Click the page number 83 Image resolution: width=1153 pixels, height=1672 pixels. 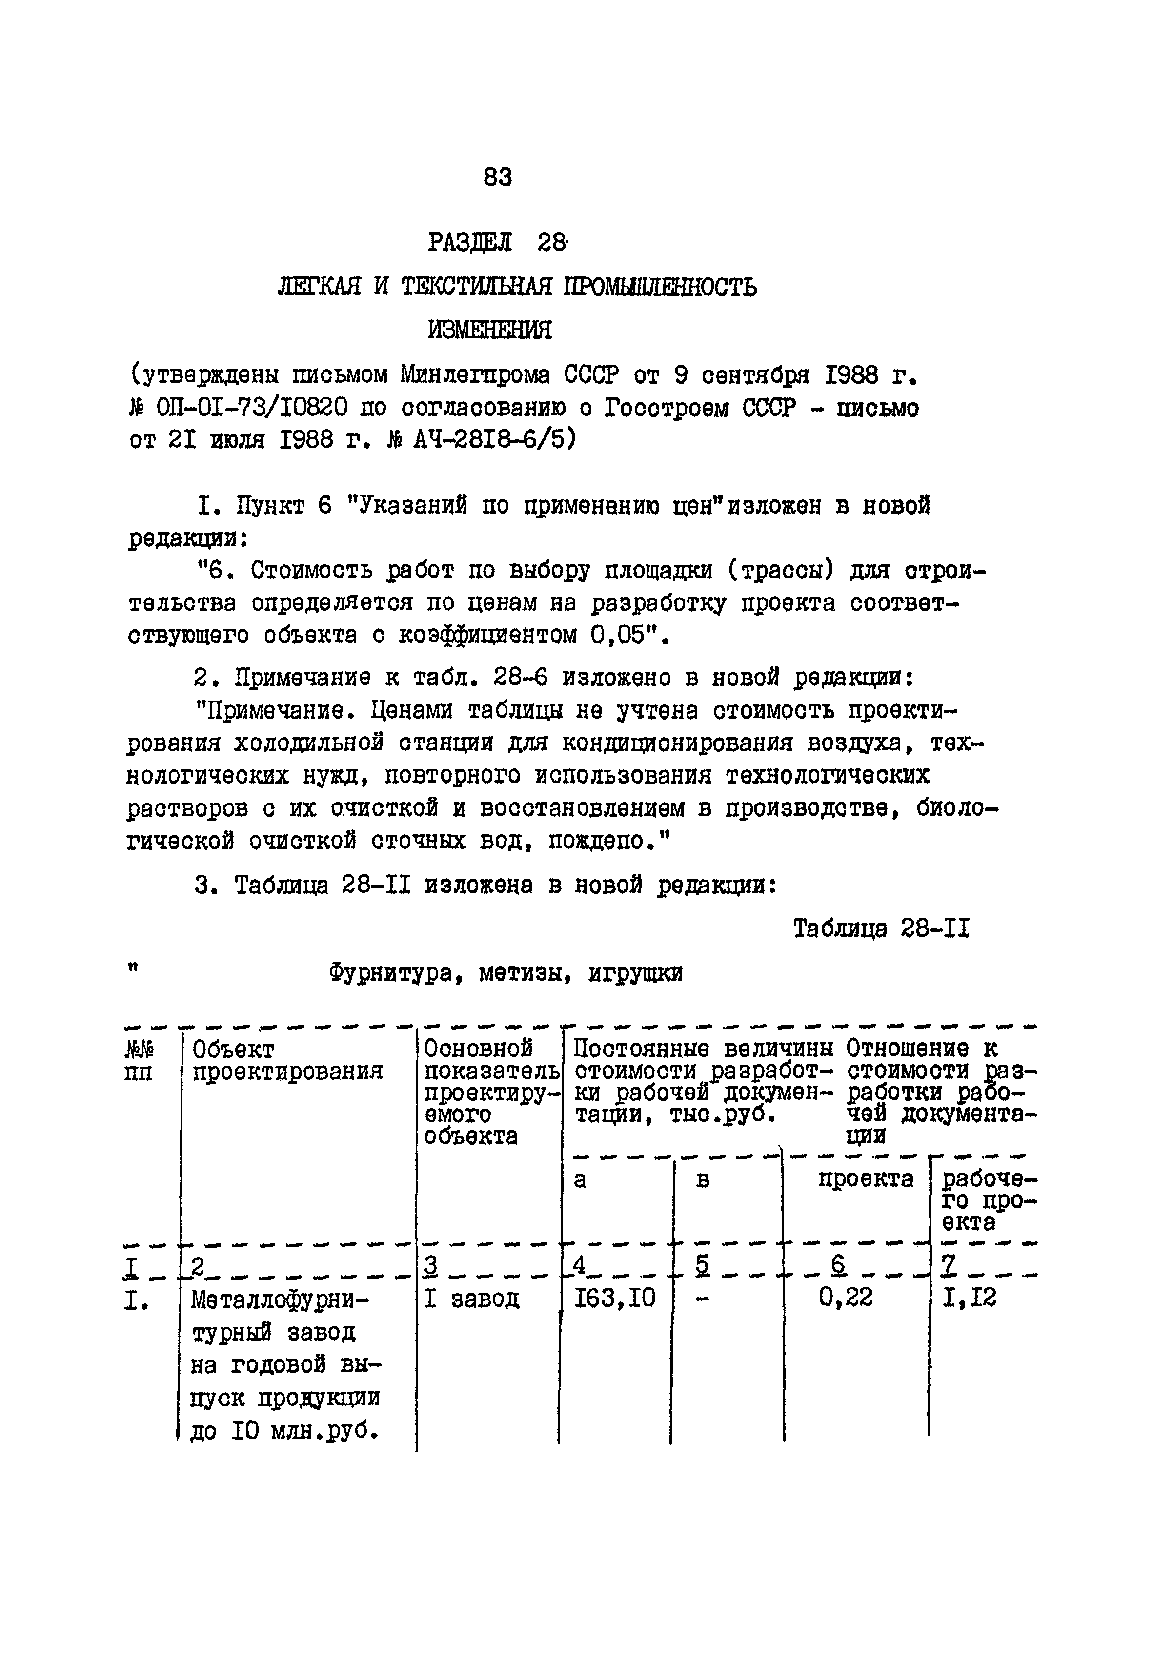tap(498, 177)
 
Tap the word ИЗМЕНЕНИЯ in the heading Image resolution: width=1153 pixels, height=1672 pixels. tap(490, 330)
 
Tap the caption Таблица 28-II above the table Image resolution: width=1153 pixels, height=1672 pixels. tap(881, 928)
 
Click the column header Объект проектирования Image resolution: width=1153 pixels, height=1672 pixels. tap(287, 1060)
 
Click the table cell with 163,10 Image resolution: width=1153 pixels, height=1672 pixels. tap(614, 1299)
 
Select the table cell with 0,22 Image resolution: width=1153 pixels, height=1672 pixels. tap(845, 1299)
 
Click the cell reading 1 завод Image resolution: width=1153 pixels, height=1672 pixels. tap(471, 1299)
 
